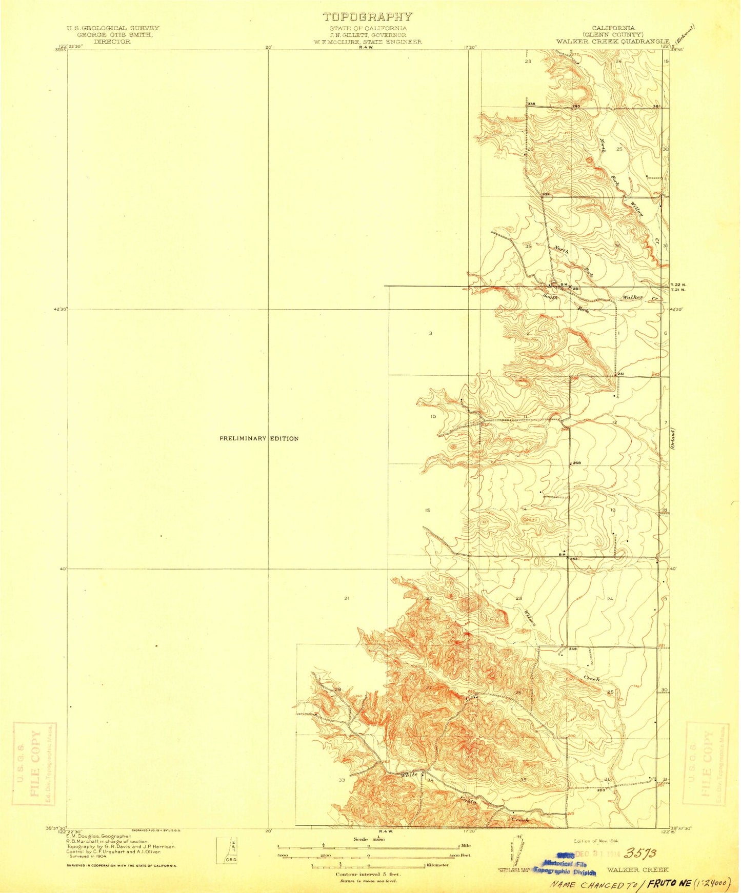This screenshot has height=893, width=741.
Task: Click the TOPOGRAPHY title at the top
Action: (x=367, y=17)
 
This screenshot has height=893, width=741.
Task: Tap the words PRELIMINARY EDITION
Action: (x=258, y=439)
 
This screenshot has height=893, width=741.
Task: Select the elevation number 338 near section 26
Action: (x=531, y=104)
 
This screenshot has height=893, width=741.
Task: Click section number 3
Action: (x=431, y=333)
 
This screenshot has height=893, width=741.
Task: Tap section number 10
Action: (x=433, y=417)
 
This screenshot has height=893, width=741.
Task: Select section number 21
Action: (x=347, y=598)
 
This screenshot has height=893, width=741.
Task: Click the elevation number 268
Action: (x=576, y=463)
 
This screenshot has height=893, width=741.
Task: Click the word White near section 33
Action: (x=409, y=775)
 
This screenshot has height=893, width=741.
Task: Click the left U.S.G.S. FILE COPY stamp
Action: (x=34, y=764)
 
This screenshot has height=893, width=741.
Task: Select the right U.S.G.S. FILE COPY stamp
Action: (x=707, y=763)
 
